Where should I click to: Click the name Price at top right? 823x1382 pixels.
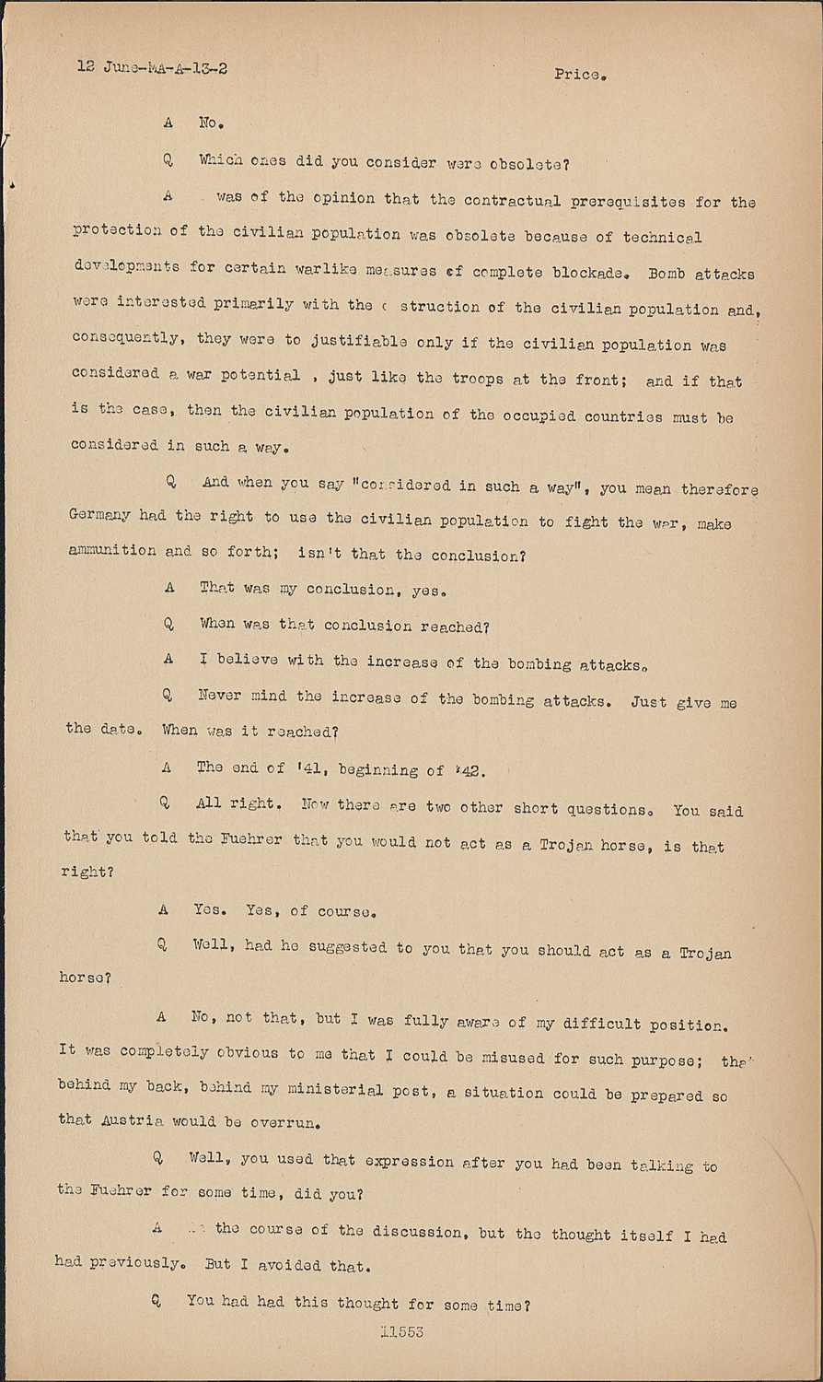(x=578, y=75)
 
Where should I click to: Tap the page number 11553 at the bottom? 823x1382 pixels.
(x=401, y=1330)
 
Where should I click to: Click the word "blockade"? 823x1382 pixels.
(x=592, y=273)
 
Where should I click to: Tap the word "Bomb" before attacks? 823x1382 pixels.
(x=667, y=273)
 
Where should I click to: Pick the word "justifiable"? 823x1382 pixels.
(x=359, y=342)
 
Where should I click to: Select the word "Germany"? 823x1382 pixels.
(x=99, y=516)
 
